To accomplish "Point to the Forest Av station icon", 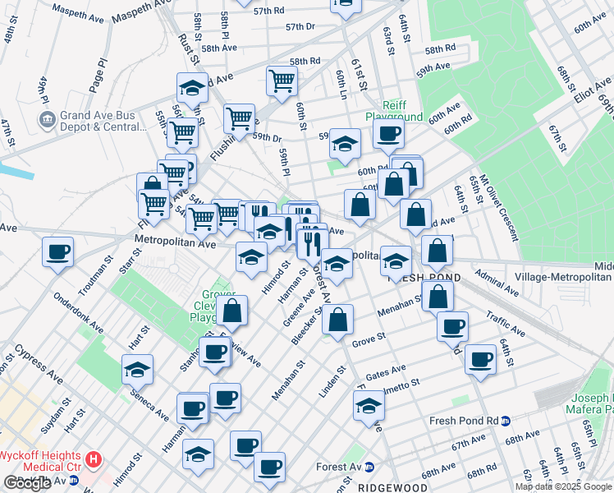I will coord(369,467).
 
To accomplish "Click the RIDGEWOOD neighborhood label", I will coord(392,487).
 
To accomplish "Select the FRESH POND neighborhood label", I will coord(423,279).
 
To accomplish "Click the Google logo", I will coord(28,482).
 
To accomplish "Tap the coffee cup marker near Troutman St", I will coord(57,251).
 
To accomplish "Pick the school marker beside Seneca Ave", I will coord(137,370).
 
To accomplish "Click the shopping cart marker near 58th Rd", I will coord(281,81).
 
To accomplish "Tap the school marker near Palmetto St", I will coord(369,406).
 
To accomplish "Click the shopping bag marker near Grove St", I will coord(337,320).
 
